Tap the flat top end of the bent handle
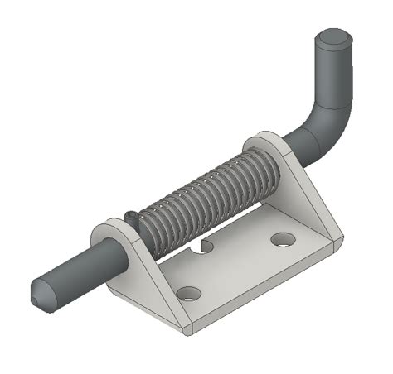click(x=334, y=38)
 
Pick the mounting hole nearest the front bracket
click(x=189, y=293)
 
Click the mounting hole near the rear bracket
click(x=283, y=239)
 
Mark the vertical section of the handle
click(x=332, y=74)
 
